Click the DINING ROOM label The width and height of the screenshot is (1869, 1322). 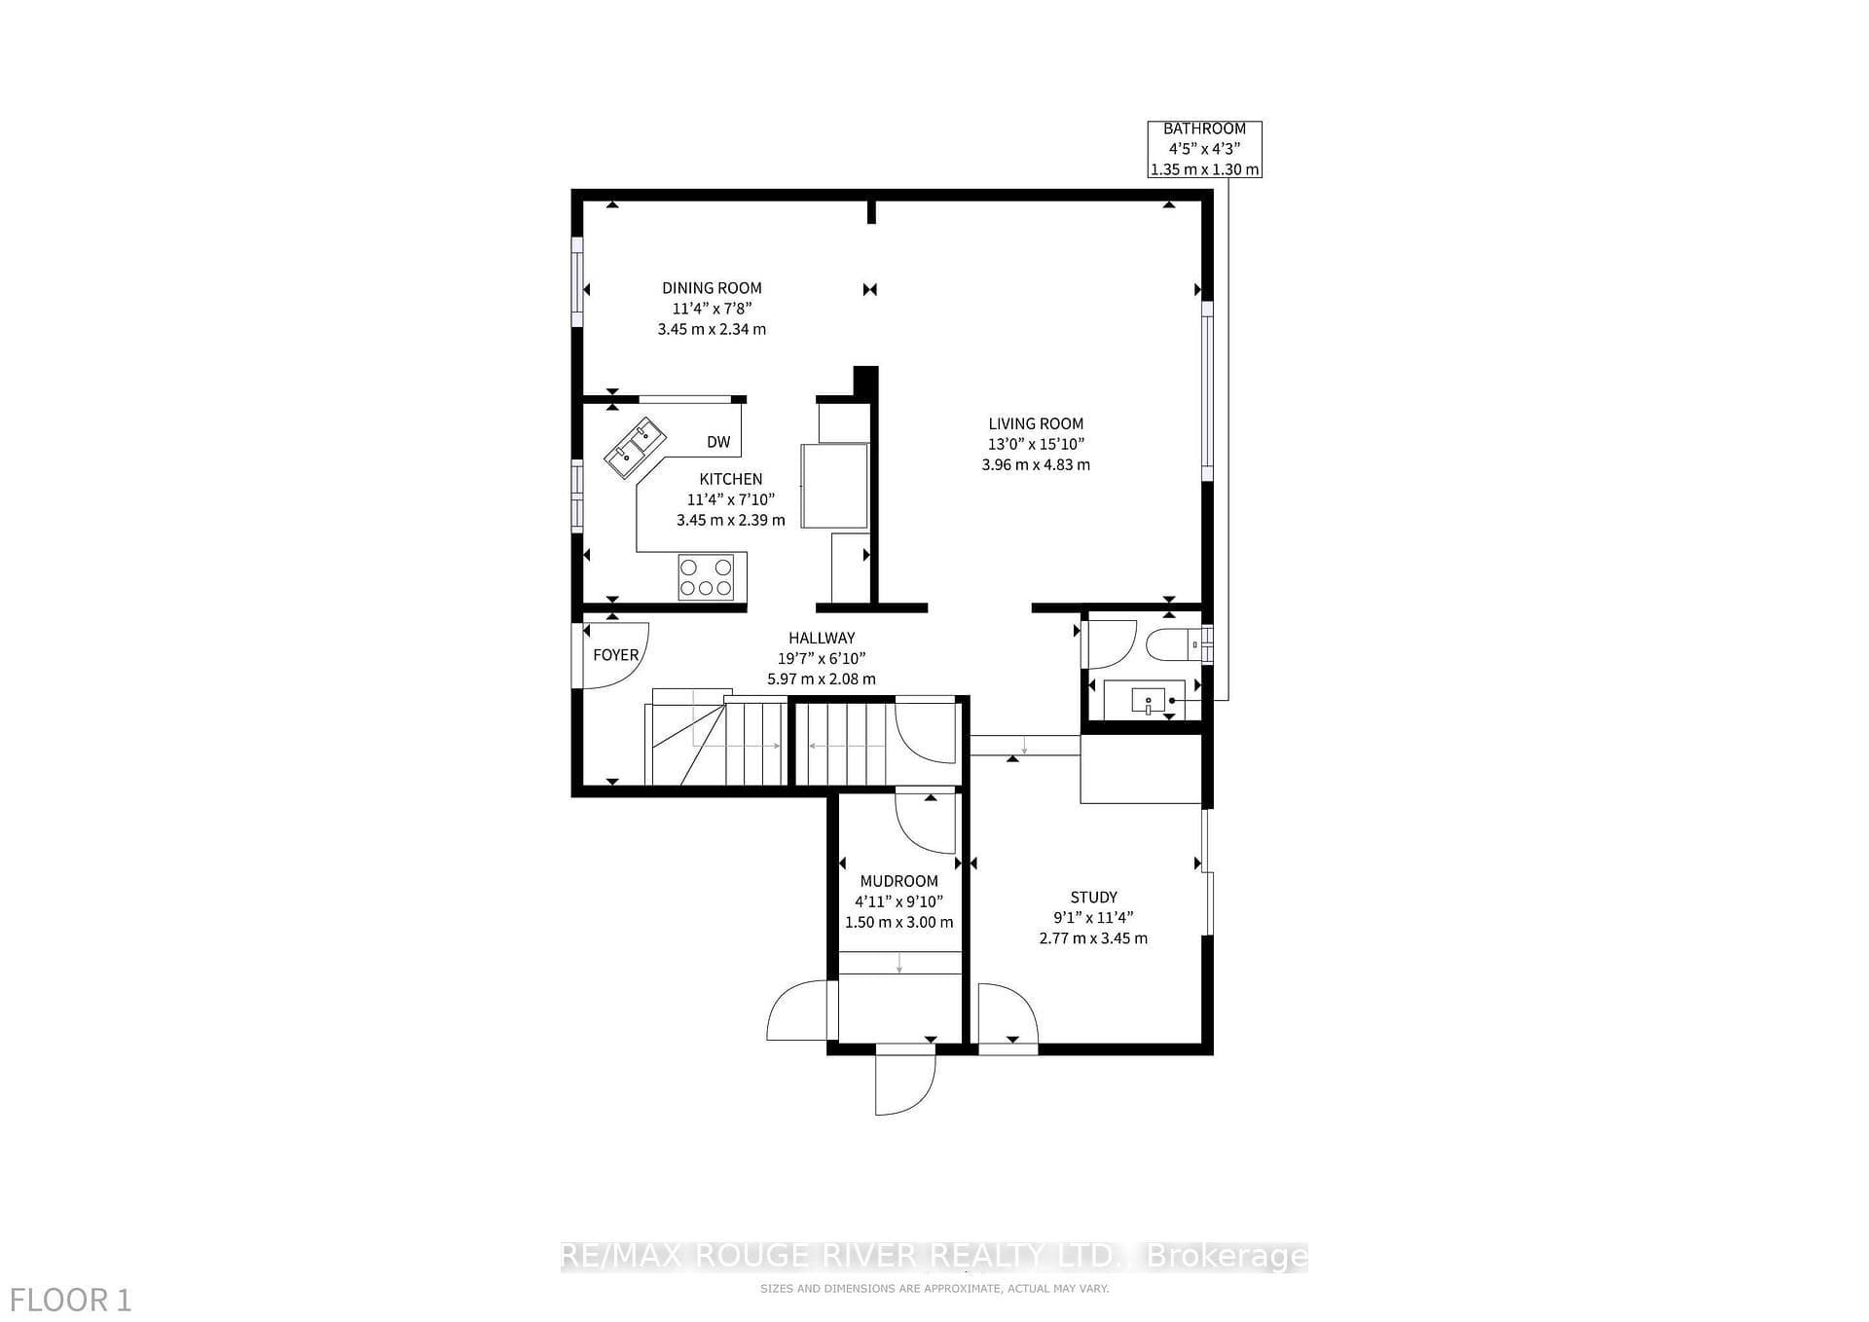pyautogui.click(x=712, y=288)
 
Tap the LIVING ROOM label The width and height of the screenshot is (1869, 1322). pyautogui.click(x=1036, y=423)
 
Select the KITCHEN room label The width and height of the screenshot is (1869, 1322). pyautogui.click(x=731, y=479)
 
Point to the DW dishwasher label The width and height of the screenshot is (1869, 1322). pyautogui.click(x=718, y=442)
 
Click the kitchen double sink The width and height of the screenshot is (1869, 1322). pyautogui.click(x=634, y=448)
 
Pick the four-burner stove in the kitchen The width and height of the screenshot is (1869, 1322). pyautogui.click(x=706, y=576)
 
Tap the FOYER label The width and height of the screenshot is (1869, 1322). pyautogui.click(x=616, y=655)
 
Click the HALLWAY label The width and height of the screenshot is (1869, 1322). pyautogui.click(x=822, y=638)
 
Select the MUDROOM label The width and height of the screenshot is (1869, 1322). pyautogui.click(x=899, y=881)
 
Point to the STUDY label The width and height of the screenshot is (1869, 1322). pyautogui.click(x=1094, y=898)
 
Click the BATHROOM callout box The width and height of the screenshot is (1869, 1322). pyautogui.click(x=1205, y=149)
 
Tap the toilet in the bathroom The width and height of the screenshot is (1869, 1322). pyautogui.click(x=1175, y=643)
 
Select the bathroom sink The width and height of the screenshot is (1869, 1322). pyautogui.click(x=1149, y=699)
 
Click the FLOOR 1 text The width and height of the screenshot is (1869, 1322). pyautogui.click(x=70, y=1301)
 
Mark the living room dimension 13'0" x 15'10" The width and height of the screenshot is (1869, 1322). pyautogui.click(x=1036, y=444)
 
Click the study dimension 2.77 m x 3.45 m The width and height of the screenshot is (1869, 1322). pyautogui.click(x=1093, y=938)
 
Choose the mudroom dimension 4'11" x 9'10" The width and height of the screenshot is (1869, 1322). pyautogui.click(x=899, y=901)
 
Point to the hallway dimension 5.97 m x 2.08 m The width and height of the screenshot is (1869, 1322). pyautogui.click(x=822, y=679)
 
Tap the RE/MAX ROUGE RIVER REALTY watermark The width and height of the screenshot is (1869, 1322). pyautogui.click(x=934, y=1257)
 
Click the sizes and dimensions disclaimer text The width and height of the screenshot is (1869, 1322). pyautogui.click(x=934, y=1289)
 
